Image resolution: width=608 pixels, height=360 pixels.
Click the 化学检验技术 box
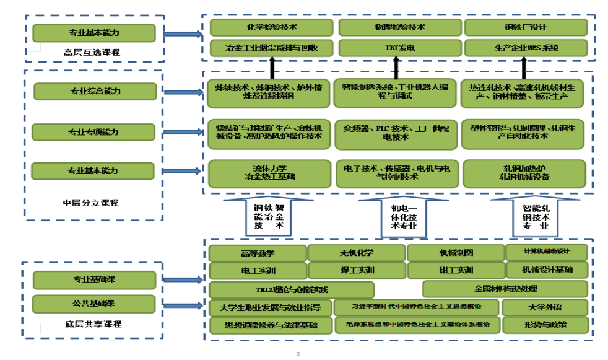[272, 27]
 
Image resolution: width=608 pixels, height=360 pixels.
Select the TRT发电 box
[399, 47]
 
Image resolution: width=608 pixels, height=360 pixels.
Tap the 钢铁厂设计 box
[525, 27]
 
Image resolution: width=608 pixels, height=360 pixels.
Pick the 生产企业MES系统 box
[525, 47]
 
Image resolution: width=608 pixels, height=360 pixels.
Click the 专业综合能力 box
[95, 92]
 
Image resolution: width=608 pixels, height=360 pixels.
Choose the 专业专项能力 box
[93, 132]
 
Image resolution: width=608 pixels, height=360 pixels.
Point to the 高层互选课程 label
[92, 52]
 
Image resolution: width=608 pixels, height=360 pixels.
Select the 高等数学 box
[258, 253]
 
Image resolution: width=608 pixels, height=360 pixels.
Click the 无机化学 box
[356, 253]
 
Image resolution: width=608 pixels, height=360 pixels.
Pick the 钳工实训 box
[455, 270]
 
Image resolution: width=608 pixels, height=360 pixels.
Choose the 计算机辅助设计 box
[546, 252]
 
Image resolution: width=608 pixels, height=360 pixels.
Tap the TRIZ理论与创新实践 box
[292, 290]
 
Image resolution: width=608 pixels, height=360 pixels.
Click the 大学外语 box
[545, 307]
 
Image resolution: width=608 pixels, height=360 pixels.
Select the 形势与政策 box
[545, 325]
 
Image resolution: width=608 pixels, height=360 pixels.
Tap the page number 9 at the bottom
[298, 354]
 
